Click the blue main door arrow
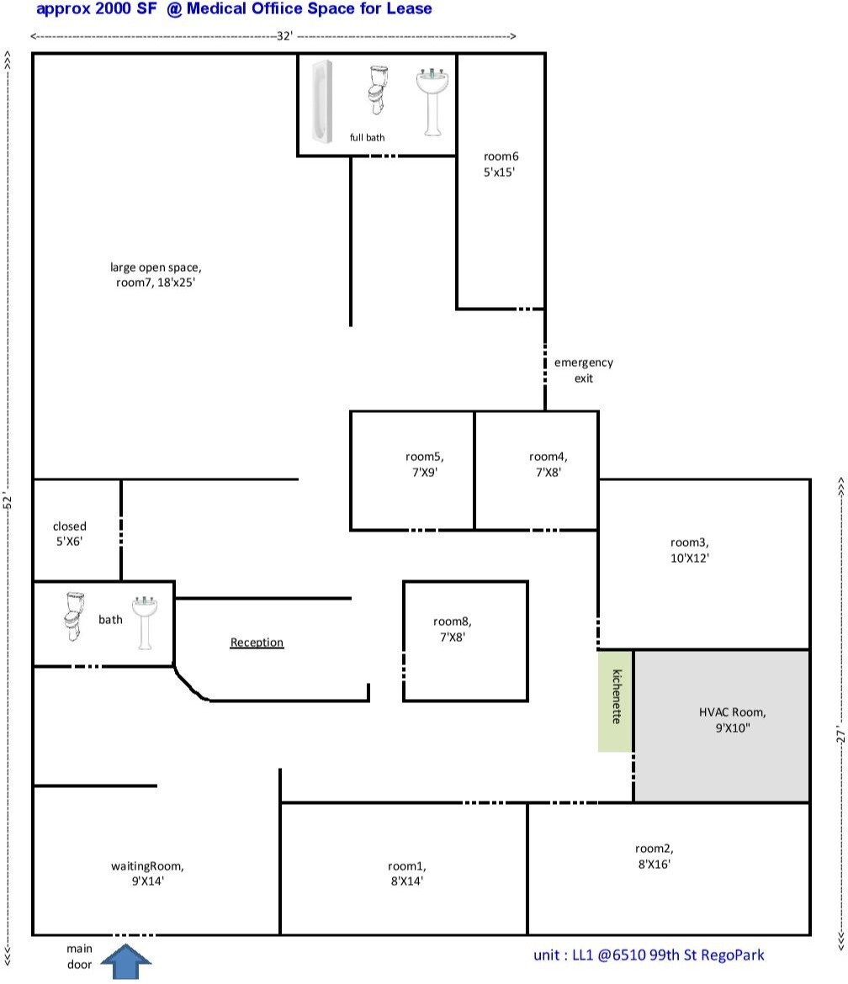tap(126, 961)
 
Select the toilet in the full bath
tap(376, 90)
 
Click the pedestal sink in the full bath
tap(432, 100)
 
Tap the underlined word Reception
tap(257, 643)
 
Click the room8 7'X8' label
tap(452, 629)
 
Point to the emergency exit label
tap(583, 370)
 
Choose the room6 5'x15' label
tap(501, 163)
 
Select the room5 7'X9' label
tap(424, 464)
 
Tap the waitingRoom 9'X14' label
tap(147, 873)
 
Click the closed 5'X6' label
tap(70, 534)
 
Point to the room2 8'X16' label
tap(654, 856)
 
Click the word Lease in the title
tap(408, 9)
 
